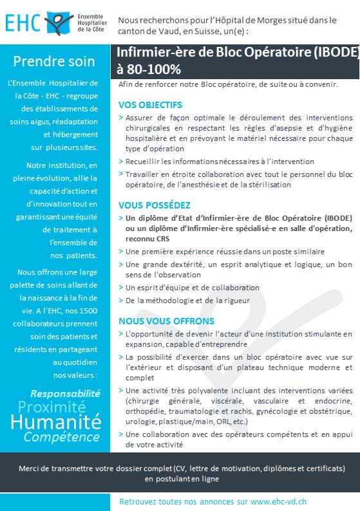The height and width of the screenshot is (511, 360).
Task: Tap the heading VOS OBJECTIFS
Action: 150,104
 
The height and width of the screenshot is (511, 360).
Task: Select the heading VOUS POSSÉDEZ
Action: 155,205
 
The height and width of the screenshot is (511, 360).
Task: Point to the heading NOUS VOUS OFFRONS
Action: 166,321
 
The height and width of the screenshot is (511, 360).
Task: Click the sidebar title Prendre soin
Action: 54,62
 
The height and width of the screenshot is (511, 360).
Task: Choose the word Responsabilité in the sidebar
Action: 65,393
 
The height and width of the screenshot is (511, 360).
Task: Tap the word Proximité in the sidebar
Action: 60,407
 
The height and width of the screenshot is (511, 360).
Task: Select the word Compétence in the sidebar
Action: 62,437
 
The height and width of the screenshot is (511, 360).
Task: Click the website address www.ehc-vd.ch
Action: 279,501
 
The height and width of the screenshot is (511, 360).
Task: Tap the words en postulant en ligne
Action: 182,478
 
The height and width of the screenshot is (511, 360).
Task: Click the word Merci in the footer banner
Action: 30,468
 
